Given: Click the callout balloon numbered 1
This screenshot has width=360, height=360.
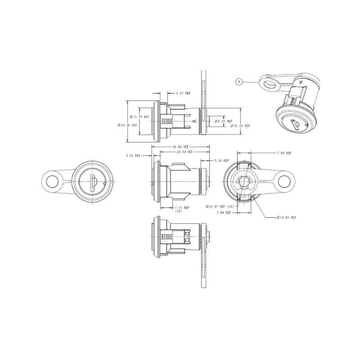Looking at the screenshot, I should [239, 81].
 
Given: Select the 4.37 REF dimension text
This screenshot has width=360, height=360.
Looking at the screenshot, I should [183, 93].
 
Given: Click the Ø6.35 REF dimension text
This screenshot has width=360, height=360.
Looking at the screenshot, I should [223, 121].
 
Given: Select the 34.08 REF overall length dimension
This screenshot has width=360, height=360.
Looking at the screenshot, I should [181, 147].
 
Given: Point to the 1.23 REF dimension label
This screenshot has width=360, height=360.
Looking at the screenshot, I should [133, 155].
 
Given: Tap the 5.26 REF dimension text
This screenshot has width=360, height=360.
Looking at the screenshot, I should [221, 161].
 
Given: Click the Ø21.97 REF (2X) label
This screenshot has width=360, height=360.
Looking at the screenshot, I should [220, 206].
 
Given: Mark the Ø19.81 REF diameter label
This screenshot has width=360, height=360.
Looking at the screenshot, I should [287, 217].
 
